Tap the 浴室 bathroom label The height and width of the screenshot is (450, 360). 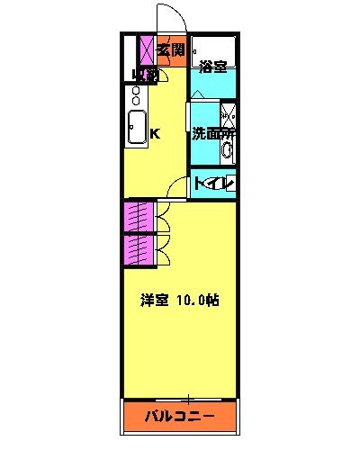(x=211, y=66)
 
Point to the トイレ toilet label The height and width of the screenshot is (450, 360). (x=215, y=184)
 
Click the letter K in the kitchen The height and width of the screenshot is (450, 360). (x=155, y=134)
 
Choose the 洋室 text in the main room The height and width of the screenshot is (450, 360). (x=153, y=301)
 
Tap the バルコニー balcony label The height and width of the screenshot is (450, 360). (x=180, y=417)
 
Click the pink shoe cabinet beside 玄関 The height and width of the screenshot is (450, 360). (x=147, y=50)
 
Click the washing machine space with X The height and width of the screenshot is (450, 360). (x=229, y=115)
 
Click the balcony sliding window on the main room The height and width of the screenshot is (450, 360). (x=180, y=397)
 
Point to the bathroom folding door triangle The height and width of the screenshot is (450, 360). (x=197, y=94)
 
